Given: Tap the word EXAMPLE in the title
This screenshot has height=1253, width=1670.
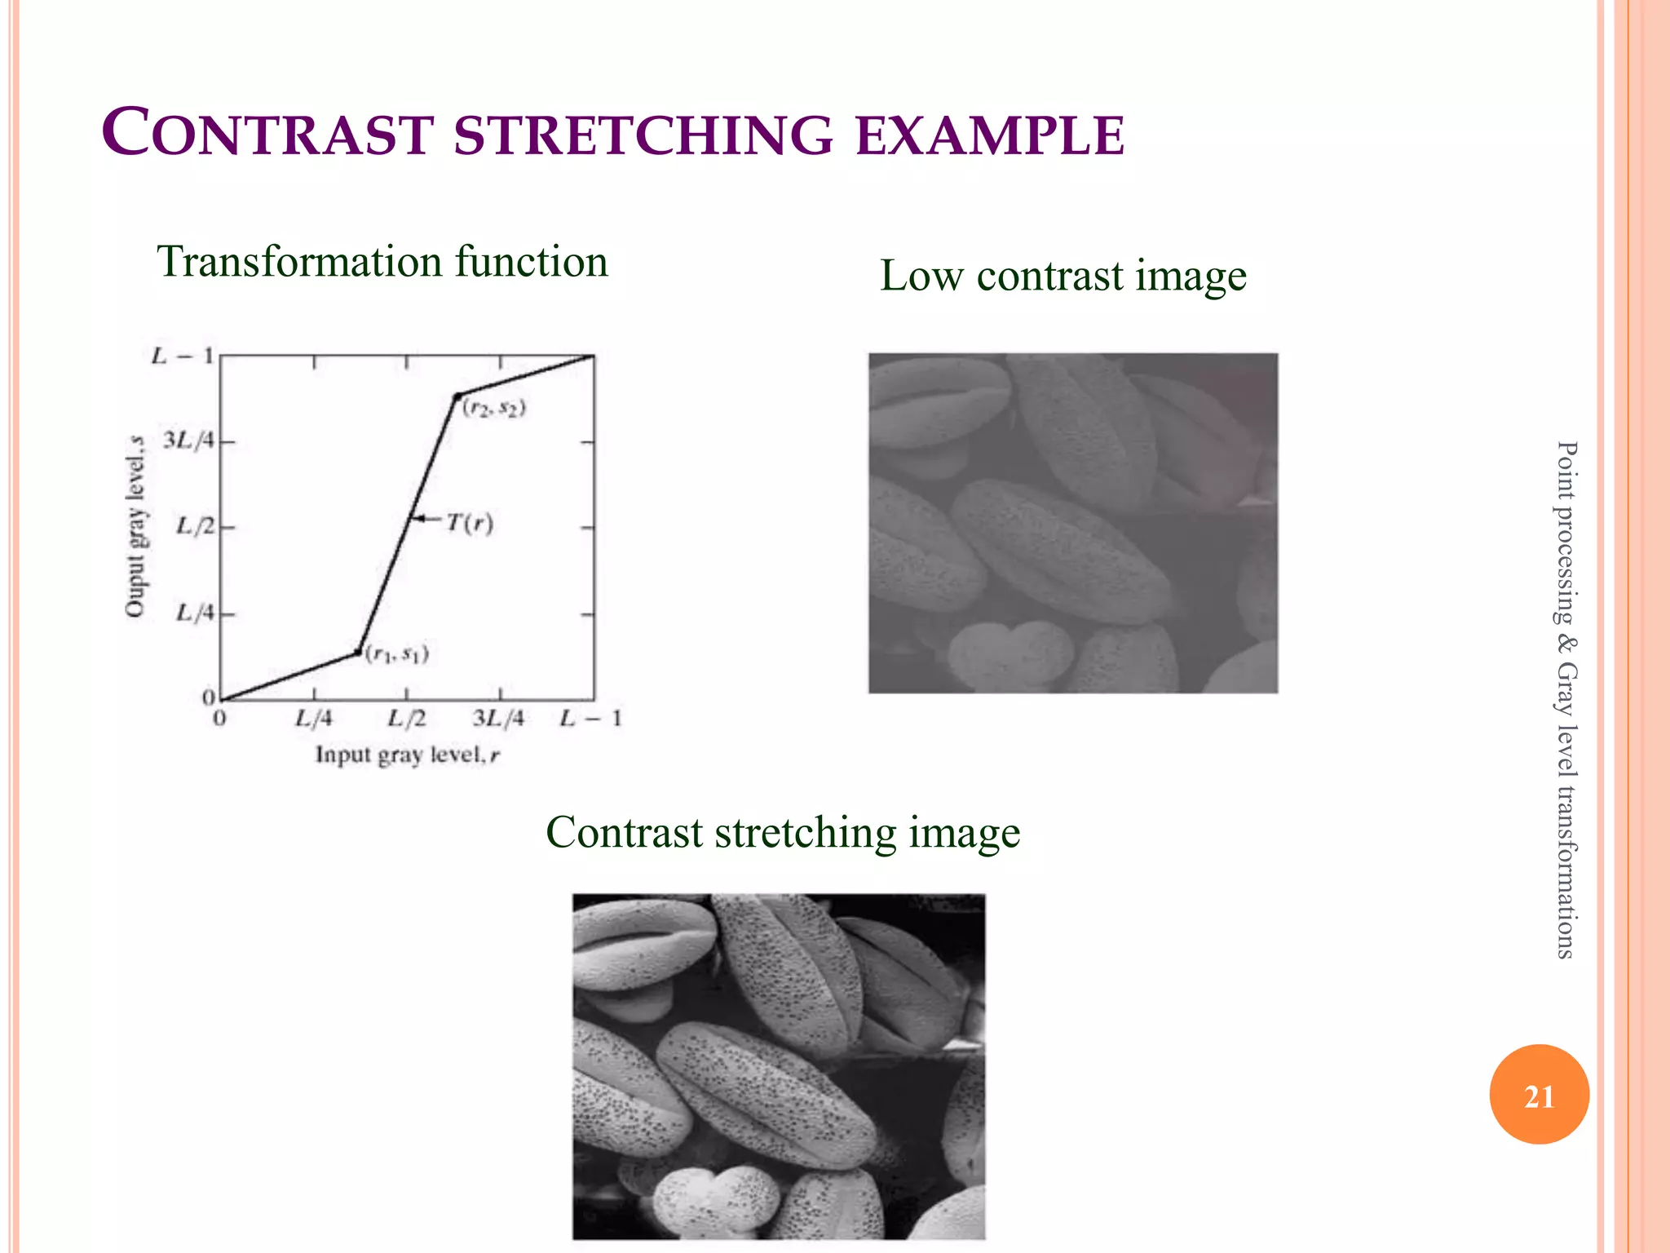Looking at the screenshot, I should click(x=990, y=135).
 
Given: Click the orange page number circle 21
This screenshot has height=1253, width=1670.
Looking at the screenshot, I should click(x=1539, y=1095).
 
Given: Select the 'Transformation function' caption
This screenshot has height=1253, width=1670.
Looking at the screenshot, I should click(x=382, y=262).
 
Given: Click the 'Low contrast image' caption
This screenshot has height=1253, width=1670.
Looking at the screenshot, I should click(x=1063, y=276).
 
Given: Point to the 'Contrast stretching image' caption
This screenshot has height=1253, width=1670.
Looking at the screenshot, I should click(x=783, y=833).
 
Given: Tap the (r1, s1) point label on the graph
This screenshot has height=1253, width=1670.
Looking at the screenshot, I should click(x=396, y=653).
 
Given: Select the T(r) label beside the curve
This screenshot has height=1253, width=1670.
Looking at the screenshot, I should click(x=470, y=523).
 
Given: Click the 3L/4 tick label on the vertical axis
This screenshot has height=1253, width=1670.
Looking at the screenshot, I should click(x=188, y=441).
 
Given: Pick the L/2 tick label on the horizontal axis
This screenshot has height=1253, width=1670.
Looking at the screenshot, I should click(x=406, y=719).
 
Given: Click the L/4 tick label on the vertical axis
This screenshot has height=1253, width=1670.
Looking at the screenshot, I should click(x=196, y=612).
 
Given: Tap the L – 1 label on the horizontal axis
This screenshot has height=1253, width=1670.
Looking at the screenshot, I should click(x=590, y=719).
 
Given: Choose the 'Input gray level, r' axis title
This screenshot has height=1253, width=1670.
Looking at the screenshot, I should click(x=407, y=755).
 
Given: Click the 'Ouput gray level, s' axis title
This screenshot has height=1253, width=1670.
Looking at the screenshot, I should click(x=135, y=527).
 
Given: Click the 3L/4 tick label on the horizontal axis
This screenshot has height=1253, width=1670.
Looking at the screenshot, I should click(x=498, y=719).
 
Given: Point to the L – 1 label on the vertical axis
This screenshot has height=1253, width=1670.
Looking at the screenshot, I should click(x=183, y=356).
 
